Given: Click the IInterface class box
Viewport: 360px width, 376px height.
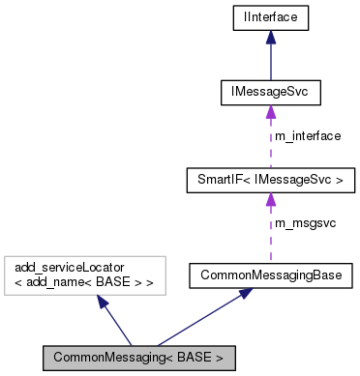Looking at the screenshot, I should [271, 16].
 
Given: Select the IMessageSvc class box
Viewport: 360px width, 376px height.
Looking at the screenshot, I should [271, 93].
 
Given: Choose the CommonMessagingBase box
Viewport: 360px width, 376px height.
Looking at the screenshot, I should [271, 275].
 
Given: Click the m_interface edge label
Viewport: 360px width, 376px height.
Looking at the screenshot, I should [308, 136].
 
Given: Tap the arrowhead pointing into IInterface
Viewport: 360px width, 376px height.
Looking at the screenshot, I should [271, 36].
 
